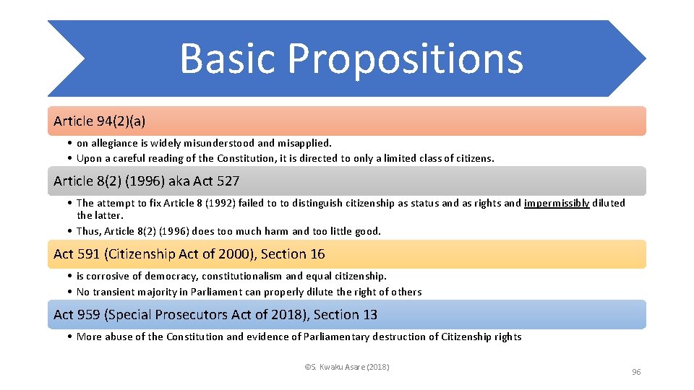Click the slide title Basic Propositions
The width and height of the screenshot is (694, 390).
(x=351, y=58)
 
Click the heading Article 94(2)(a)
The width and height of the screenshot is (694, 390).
(x=99, y=121)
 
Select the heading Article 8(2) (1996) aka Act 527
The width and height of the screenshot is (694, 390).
(x=146, y=181)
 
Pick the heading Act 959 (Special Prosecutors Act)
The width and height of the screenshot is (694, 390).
(x=181, y=315)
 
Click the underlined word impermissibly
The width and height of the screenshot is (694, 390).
(x=557, y=203)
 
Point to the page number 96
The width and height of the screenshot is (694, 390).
(x=636, y=372)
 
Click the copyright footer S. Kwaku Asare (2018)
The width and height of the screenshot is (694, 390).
(x=347, y=367)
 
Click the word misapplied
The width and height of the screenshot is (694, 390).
(x=304, y=143)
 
